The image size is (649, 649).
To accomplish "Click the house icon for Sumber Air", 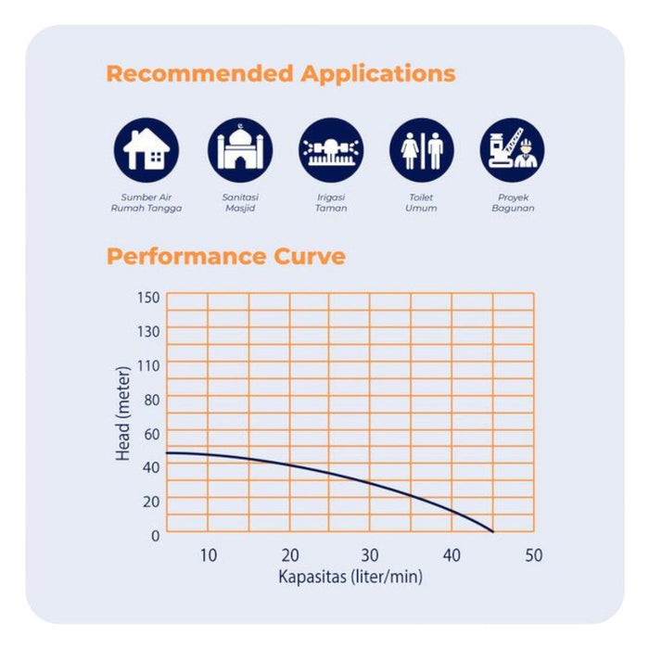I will pos(146,149).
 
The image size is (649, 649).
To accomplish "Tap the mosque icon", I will pos(240,149).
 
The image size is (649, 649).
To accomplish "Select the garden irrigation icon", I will pos(331,149).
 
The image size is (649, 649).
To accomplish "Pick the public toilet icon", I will pos(422,149).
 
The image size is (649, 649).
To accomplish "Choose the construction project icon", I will pos(512,149).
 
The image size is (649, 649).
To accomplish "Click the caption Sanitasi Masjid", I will pos(240,203).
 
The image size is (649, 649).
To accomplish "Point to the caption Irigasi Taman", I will pos(331,203).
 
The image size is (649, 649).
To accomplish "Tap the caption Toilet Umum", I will pos(422,203).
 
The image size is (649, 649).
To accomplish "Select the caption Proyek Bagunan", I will pos(513,203).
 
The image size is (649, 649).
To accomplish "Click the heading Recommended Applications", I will pos(281,74).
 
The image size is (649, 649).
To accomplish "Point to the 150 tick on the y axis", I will pos(149,297).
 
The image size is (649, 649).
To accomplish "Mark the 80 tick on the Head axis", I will pos(151,400).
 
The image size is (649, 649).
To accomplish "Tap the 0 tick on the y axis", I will pos(155,535).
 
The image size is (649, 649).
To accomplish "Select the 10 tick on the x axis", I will pos(208,555).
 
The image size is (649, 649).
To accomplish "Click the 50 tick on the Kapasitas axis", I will pos(533,555).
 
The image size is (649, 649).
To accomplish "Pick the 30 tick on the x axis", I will pos(371,555).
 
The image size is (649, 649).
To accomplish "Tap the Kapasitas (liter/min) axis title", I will pos(350,578).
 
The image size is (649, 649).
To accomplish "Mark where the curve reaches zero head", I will pos(492,531).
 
